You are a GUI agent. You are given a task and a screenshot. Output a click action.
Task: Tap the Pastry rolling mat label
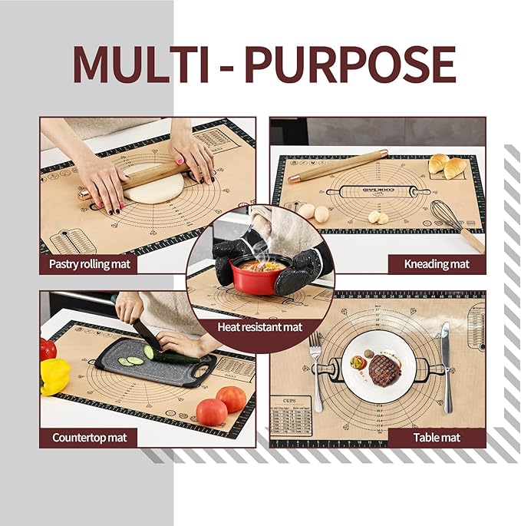click(x=89, y=264)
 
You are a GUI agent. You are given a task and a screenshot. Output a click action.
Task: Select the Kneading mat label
click(x=437, y=264)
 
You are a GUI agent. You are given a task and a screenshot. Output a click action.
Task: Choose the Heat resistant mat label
click(x=261, y=327)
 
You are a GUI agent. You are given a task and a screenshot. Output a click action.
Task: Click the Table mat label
click(x=437, y=438)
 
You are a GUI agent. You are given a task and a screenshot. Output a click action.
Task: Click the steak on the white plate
click(x=384, y=371)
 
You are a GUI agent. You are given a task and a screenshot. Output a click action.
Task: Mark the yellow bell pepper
click(x=55, y=375)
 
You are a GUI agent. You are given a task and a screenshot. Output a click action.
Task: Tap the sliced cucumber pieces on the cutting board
click(x=132, y=359)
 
